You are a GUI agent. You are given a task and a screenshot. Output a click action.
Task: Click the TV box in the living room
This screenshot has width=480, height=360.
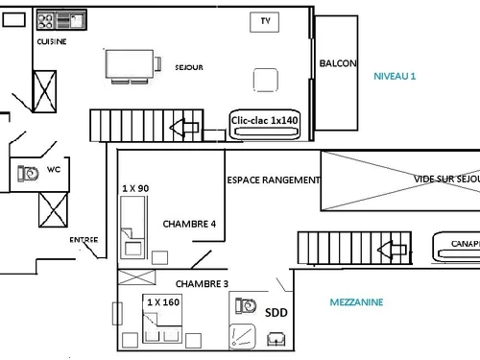(x=263, y=21)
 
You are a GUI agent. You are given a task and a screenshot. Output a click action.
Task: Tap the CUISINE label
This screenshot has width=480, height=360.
(x=52, y=42)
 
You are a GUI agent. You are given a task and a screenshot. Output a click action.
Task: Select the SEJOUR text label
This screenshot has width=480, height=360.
(x=188, y=67)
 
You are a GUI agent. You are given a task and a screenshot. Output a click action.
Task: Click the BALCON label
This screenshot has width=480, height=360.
(x=338, y=63)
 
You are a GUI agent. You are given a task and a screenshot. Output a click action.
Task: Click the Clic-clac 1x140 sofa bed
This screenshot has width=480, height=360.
(x=265, y=121)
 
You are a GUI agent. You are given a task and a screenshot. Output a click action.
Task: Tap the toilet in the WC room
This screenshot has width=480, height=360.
(x=24, y=173)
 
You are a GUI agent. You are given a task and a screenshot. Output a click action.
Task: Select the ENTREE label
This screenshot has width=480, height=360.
(x=83, y=240)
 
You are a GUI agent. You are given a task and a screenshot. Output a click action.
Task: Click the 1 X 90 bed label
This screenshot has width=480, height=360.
(x=135, y=188)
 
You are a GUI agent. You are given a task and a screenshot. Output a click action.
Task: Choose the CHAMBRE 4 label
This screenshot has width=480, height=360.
(x=190, y=224)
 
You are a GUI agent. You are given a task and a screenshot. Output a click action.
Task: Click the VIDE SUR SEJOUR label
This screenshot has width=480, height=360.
(x=446, y=179)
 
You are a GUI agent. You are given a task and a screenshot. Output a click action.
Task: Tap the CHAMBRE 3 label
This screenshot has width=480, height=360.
(x=202, y=283)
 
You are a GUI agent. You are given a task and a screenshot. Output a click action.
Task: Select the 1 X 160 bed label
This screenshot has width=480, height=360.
(x=162, y=301)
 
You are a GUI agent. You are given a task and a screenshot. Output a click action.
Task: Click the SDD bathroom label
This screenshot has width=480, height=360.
(x=276, y=311)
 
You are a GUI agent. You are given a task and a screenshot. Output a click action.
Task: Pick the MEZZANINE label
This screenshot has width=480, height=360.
(x=355, y=301)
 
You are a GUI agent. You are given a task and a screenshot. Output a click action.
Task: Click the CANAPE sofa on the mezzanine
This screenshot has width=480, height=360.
(x=462, y=245)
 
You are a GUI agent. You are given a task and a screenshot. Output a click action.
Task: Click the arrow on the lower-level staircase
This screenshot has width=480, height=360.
(x=183, y=127)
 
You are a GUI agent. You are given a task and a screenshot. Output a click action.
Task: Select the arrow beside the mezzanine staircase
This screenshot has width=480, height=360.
(x=391, y=251)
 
